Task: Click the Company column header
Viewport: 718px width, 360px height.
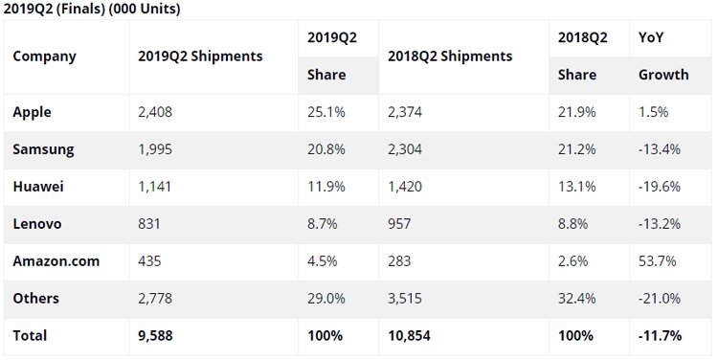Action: pos(44,56)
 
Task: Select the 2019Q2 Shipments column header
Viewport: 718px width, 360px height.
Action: pos(201,56)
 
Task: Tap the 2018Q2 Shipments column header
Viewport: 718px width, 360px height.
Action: pos(450,56)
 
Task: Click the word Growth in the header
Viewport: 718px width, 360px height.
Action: pos(663,75)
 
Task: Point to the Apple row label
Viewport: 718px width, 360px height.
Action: pos(32,113)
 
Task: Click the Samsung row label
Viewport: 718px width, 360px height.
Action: pos(43,149)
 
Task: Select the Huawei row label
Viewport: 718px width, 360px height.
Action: pos(38,187)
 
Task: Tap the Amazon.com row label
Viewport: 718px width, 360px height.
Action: pos(56,261)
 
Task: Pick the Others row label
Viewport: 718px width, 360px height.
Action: pos(36,298)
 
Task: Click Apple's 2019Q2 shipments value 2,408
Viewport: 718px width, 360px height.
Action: pos(155,112)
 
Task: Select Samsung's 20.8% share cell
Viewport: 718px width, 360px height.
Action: pos(326,149)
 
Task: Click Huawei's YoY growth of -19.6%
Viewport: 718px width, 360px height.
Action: pos(660,187)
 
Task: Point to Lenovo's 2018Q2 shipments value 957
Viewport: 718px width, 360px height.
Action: pos(399,224)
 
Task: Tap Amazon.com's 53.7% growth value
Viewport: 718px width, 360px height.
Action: pos(658,261)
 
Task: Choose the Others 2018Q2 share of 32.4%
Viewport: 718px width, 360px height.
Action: pos(577,298)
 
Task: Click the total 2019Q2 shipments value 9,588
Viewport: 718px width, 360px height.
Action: pos(156,336)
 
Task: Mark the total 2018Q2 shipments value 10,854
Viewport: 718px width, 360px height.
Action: pos(410,336)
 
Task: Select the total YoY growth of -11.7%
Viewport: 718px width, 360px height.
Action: pos(661,336)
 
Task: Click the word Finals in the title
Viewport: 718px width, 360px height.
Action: pos(80,9)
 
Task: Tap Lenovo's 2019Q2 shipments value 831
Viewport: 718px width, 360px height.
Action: pos(149,224)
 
